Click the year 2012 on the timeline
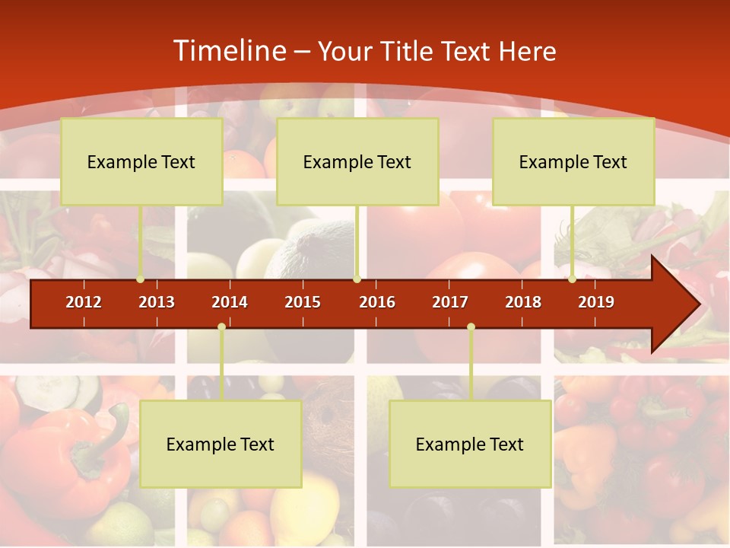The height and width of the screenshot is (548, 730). click(x=84, y=302)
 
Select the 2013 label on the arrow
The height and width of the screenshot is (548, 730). click(x=157, y=302)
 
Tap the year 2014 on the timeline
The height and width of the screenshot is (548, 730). click(x=230, y=302)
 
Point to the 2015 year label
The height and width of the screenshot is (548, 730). click(x=303, y=302)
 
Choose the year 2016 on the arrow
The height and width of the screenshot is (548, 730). click(x=377, y=302)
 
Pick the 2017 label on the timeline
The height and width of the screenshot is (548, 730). click(x=450, y=302)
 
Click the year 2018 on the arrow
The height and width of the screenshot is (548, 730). click(x=523, y=302)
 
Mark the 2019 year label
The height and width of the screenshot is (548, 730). click(x=596, y=302)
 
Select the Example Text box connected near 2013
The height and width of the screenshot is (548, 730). click(x=141, y=161)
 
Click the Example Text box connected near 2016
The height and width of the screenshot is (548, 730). click(x=357, y=161)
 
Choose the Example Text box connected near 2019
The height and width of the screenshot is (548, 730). click(x=573, y=161)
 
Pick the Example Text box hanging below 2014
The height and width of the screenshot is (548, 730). click(x=221, y=444)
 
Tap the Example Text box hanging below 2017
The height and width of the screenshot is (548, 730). click(x=470, y=444)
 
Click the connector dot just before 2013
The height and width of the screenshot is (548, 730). click(x=140, y=279)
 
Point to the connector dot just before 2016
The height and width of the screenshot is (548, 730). click(x=357, y=279)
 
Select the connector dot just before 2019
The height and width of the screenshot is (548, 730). click(x=572, y=279)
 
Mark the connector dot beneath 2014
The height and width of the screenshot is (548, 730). click(x=221, y=327)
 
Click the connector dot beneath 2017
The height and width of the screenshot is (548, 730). click(x=471, y=327)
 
